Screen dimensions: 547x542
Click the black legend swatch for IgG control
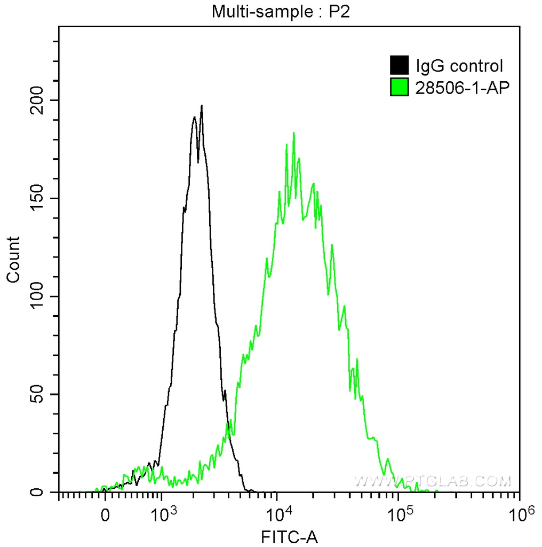click(x=400, y=66)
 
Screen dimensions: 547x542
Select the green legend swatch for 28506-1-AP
click(x=400, y=87)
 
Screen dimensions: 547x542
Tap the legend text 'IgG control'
click(x=459, y=66)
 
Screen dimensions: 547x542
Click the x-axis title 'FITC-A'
click(x=289, y=536)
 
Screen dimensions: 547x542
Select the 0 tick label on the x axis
click(x=105, y=515)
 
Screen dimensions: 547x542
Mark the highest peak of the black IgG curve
click(x=202, y=106)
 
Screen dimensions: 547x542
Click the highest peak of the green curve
click(x=293, y=132)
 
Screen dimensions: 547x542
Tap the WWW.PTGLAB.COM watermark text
click(x=433, y=481)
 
